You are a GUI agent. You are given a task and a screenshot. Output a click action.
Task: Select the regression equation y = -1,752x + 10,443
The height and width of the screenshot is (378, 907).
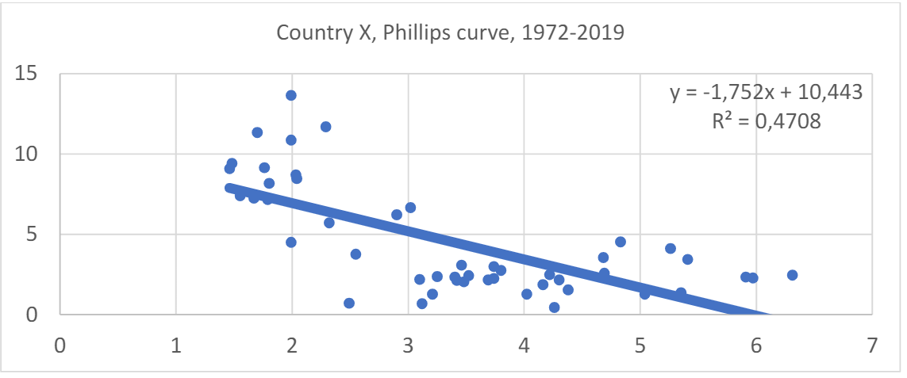pos(766,93)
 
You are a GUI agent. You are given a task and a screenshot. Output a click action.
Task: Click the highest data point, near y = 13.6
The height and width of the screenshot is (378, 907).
pos(291,95)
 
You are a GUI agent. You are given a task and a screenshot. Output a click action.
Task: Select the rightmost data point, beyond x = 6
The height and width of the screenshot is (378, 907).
pos(792,275)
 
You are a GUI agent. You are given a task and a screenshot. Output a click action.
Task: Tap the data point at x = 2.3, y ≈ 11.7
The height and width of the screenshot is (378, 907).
pos(325,127)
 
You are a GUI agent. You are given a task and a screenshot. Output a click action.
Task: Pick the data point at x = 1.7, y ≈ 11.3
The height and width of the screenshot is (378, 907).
pos(257,132)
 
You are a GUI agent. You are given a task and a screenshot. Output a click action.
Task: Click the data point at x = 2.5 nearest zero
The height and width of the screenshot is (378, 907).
pos(349,303)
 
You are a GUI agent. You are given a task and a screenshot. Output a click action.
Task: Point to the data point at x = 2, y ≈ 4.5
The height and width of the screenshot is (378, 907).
pos(291,242)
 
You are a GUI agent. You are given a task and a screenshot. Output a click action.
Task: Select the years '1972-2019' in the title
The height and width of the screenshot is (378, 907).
pos(583,33)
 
